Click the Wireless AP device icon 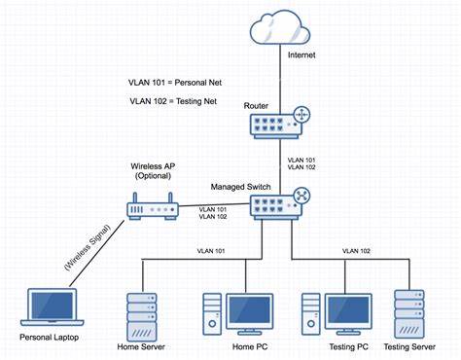pos(151,206)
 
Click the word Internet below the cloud pos(301,55)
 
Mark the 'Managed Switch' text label pos(241,185)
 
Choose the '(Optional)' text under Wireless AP pos(153,176)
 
